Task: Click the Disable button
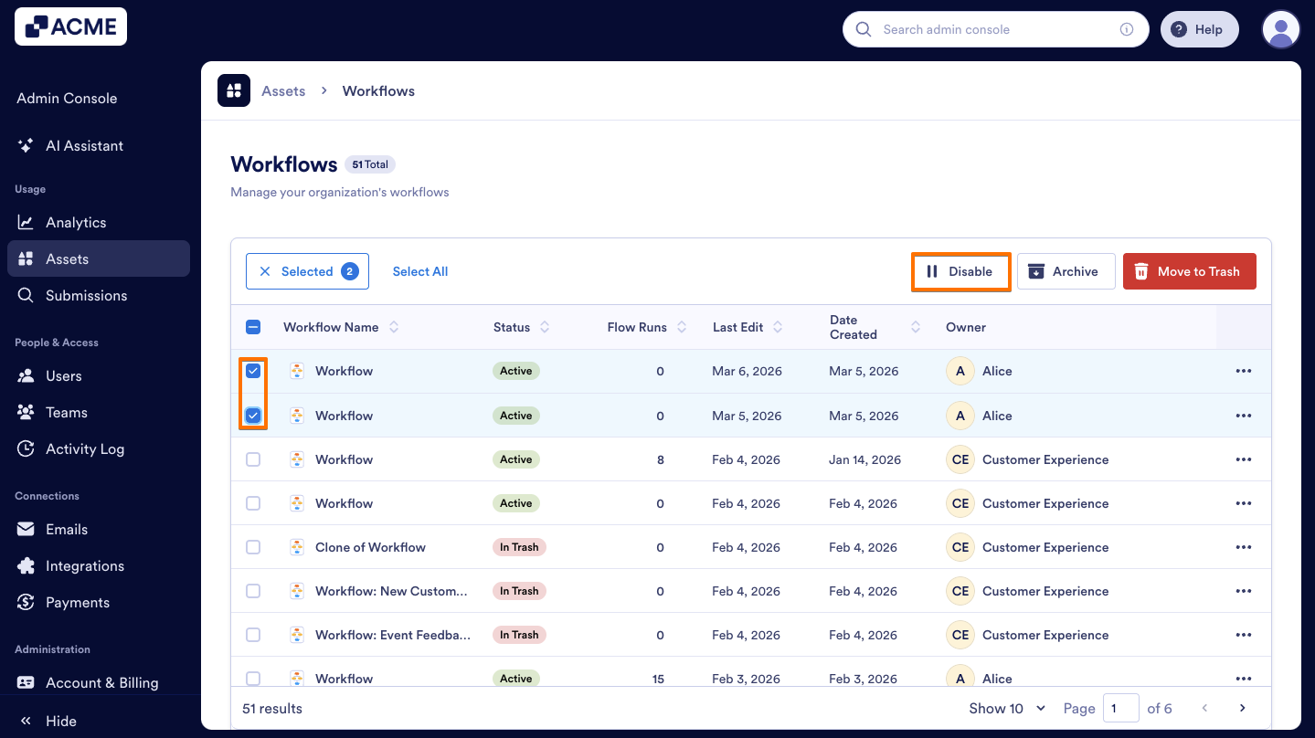coord(960,271)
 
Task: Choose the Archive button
coord(1066,271)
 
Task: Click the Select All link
coord(419,271)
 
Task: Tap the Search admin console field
coord(992,29)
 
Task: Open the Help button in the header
coord(1198,29)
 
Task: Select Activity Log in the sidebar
coord(84,448)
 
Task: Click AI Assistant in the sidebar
coord(84,145)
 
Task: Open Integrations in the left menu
coord(84,565)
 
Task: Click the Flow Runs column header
coord(638,327)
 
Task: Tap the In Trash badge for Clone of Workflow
coord(518,547)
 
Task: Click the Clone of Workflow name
coord(370,547)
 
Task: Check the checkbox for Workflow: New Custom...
coord(253,591)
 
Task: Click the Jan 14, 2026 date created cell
coord(864,459)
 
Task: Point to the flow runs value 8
coord(661,459)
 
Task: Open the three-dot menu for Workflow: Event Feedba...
coord(1243,635)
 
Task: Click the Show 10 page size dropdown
coord(1007,708)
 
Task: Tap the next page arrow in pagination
coord(1242,708)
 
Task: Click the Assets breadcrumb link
coord(283,90)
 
